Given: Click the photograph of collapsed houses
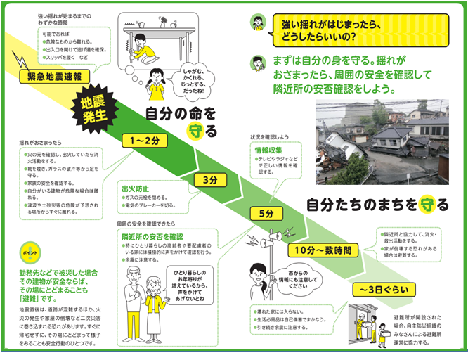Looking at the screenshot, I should [x=382, y=141].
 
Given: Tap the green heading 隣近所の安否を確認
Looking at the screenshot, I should [x=152, y=237].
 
